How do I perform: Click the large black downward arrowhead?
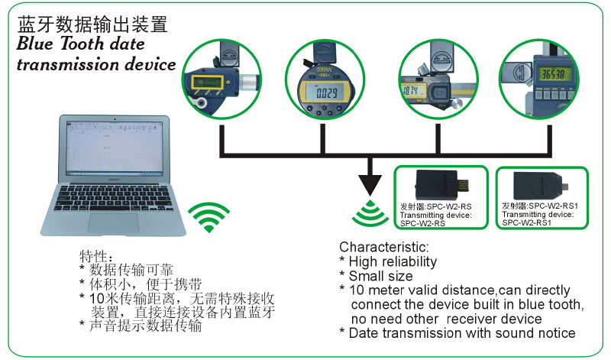click(x=370, y=183)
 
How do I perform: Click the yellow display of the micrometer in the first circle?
click(x=207, y=82)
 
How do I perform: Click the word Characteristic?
click(x=384, y=248)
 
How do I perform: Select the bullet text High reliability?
click(x=393, y=262)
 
